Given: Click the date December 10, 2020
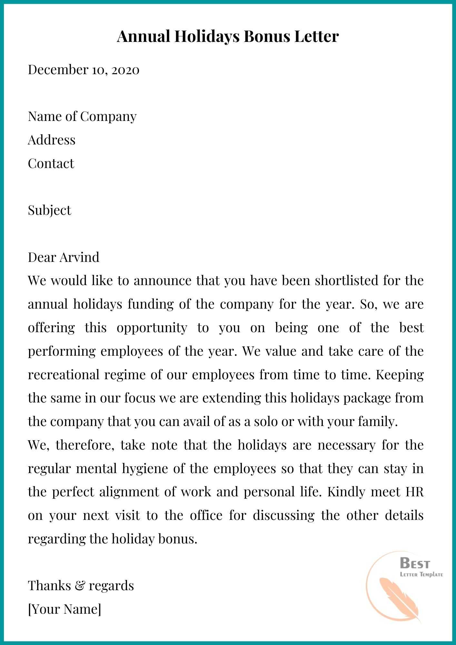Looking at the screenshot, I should tap(84, 70).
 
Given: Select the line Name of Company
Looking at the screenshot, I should tap(82, 116).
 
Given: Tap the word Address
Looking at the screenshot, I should tap(52, 140).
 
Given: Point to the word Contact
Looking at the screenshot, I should tap(51, 164).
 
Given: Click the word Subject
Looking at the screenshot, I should tap(49, 210).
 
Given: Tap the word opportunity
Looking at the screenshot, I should tap(152, 328).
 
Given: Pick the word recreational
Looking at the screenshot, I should tap(64, 375).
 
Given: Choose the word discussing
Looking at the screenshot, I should tap(283, 515).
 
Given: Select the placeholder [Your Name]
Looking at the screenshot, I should tap(64, 609).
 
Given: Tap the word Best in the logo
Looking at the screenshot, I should tap(415, 563).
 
